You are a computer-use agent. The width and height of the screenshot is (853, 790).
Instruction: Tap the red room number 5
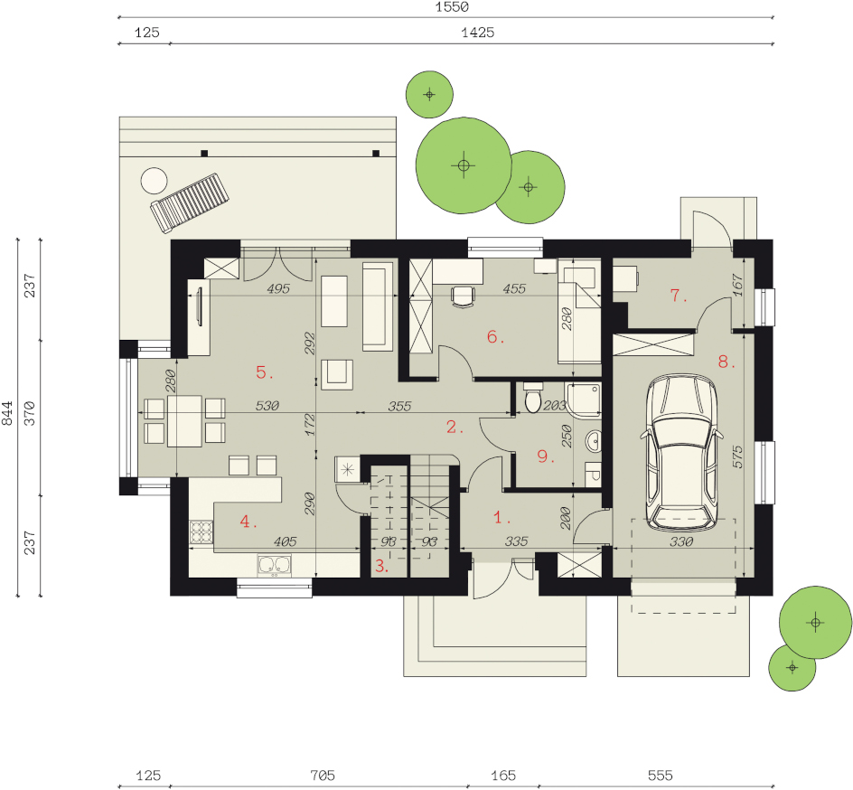coord(265,372)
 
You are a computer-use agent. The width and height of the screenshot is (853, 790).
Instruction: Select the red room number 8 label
coord(726,362)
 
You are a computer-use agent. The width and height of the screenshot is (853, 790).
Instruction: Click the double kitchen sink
coord(274,565)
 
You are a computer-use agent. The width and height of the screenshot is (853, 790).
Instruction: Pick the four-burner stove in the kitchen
coord(201,532)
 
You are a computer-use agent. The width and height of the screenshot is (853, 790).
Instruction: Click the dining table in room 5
coord(184,421)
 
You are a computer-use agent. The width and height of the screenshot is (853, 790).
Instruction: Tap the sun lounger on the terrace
coord(190,202)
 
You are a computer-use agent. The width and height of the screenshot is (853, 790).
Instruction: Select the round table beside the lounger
coord(154,181)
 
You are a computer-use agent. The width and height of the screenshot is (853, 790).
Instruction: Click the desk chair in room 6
coord(463,296)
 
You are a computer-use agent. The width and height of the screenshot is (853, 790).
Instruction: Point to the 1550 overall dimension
coord(452,7)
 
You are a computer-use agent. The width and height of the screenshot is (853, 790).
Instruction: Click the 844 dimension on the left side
coord(7,413)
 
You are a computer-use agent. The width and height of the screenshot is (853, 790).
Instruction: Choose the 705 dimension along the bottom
coord(322,775)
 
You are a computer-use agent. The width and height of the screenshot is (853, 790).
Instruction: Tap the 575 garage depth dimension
coord(737,457)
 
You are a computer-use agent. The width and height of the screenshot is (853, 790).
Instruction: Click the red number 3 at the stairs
coord(381,566)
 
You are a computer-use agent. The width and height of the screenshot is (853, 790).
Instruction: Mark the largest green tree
coord(464,165)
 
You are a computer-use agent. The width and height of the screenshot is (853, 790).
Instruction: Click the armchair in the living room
coord(337,374)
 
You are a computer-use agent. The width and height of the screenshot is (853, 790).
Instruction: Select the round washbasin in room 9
coord(594,441)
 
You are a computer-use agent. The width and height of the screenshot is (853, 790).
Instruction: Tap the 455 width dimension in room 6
coord(514,288)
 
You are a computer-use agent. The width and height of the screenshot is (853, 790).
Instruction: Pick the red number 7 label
coord(679,296)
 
